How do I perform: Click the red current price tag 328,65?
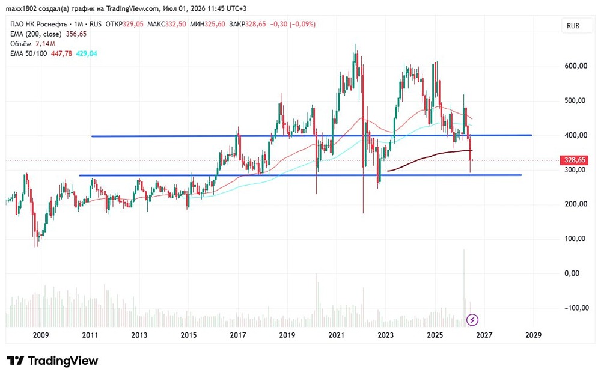point(575,160)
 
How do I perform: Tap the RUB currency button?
point(573,26)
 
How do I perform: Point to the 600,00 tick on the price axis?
point(576,66)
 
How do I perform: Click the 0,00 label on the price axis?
point(572,273)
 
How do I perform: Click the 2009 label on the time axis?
point(41,335)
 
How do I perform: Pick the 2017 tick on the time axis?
point(237,335)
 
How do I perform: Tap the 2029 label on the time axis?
point(534,335)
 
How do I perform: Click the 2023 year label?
point(386,335)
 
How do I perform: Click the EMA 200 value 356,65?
point(76,34)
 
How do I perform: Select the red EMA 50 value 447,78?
point(61,53)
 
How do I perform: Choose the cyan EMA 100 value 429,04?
point(87,53)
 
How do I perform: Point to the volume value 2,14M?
point(46,44)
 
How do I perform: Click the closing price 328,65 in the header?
point(255,24)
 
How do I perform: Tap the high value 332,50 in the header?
point(175,24)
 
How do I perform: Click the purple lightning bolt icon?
point(472,319)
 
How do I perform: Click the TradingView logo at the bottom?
point(52,361)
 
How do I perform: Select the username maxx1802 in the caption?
point(21,8)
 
